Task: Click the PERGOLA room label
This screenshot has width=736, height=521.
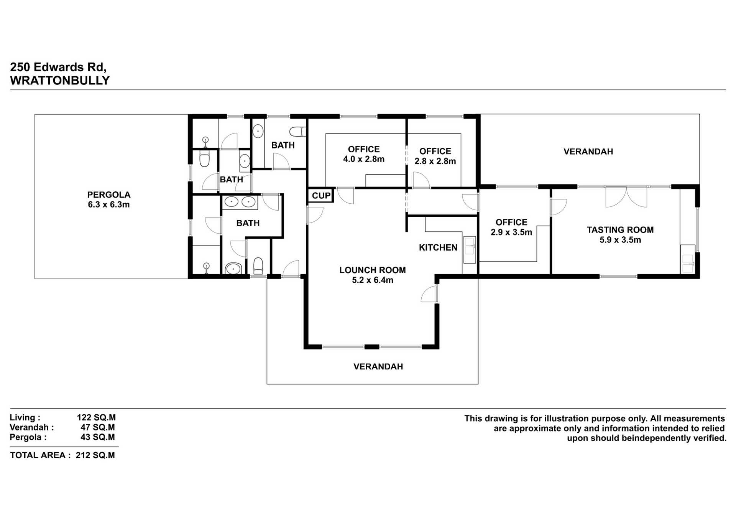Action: coord(108,195)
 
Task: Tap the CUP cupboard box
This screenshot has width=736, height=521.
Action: coord(321,196)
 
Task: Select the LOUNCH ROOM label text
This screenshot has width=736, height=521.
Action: coord(372,270)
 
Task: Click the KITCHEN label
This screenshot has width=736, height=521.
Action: coord(438,247)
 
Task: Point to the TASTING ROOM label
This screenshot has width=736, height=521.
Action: coord(620,230)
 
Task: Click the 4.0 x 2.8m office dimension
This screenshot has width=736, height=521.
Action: coord(363,159)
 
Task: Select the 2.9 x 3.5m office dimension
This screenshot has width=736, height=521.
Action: coord(511,232)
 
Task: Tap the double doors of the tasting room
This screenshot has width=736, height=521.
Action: coord(626,196)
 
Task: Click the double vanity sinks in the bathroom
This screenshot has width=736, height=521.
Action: coord(240,201)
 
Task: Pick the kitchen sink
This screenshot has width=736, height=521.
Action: coord(469,249)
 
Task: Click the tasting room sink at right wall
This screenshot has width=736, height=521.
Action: coord(688,263)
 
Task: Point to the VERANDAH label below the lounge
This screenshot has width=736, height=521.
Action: coord(378,366)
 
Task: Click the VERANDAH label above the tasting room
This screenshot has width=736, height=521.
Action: coord(588,152)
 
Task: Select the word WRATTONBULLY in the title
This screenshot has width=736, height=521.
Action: coord(60,81)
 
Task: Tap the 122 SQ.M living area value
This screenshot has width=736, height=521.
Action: coord(96,417)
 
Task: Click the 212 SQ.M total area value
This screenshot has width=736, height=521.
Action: coord(95,455)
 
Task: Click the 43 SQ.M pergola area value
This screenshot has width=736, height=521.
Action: coord(97,437)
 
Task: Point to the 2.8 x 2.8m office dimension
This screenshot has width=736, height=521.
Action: coord(435,161)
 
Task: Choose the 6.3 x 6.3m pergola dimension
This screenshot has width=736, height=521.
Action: coord(108,204)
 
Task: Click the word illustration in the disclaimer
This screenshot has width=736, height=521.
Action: coord(565,418)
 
